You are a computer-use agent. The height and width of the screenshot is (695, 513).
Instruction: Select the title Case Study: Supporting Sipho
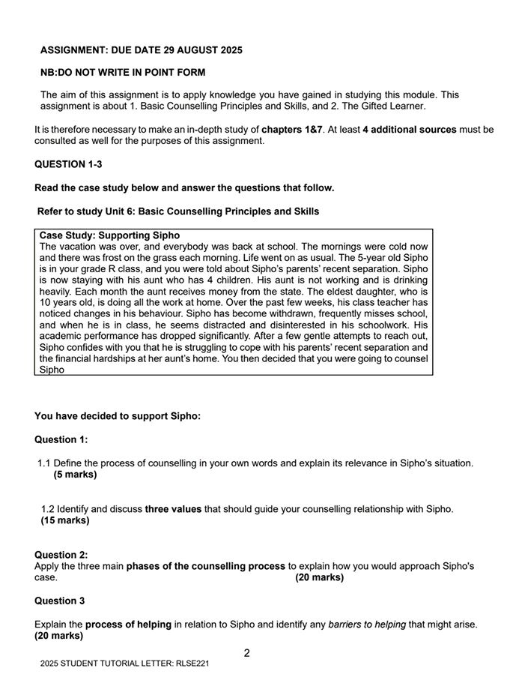click(x=109, y=235)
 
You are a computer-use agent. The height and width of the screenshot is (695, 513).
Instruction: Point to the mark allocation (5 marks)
click(x=75, y=475)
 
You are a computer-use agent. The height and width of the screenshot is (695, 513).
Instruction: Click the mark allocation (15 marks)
click(x=65, y=520)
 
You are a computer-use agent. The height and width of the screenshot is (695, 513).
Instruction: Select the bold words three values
click(x=173, y=509)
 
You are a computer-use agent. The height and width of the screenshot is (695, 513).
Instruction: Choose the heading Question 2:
click(x=61, y=556)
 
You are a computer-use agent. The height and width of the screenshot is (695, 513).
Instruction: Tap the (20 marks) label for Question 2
click(x=320, y=577)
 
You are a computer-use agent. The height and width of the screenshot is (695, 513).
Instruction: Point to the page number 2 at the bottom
click(x=247, y=653)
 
